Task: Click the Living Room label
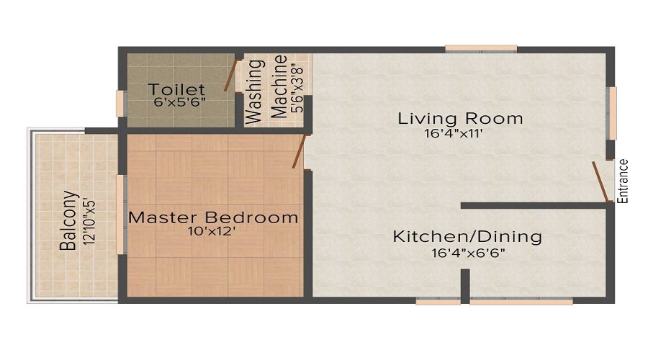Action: click(460, 118)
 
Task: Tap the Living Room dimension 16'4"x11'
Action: click(460, 135)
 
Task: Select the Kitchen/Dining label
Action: click(467, 236)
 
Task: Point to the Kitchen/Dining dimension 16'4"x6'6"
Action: click(467, 253)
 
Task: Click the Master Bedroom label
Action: click(212, 217)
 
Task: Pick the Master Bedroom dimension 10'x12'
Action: click(212, 232)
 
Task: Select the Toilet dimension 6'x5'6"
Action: click(180, 102)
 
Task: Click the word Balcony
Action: click(68, 220)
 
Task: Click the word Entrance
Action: click(624, 181)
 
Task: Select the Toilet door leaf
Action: click(230, 75)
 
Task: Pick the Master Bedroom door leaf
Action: click(297, 151)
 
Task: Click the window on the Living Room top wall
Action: click(480, 49)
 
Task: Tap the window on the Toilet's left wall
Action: click(122, 104)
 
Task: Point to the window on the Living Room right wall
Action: click(612, 113)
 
